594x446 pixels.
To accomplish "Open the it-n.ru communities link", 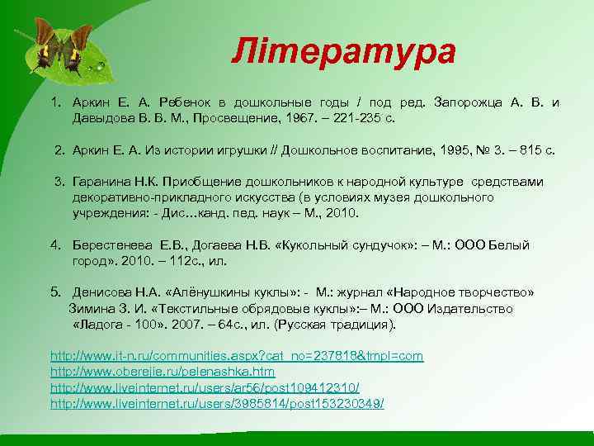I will (237, 356).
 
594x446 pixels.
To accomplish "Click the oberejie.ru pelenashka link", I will (163, 372).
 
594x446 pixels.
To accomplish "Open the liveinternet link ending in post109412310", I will (205, 387).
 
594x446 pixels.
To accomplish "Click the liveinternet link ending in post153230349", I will (217, 403).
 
